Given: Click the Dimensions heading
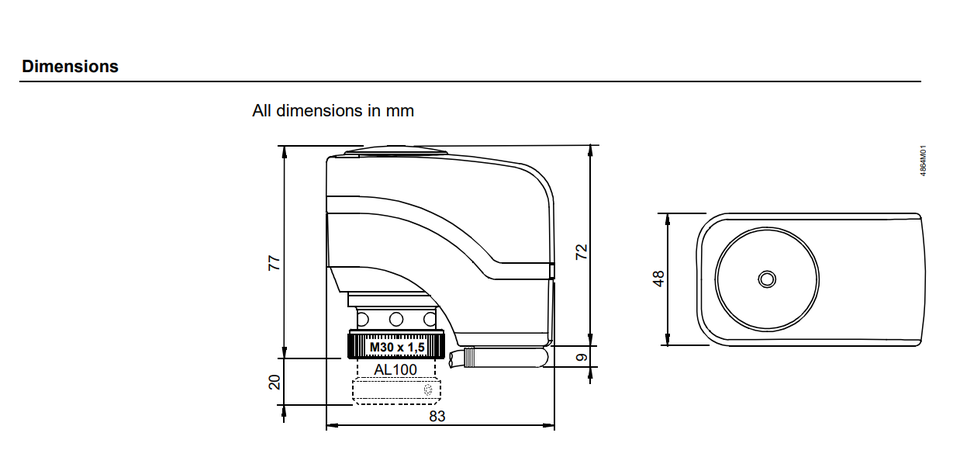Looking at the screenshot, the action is coord(70,66).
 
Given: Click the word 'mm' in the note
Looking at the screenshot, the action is coord(400,111).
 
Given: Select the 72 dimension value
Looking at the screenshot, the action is coord(581,252).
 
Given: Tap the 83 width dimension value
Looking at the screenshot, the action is coord(437,416).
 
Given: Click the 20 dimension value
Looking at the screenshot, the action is coord(275,381).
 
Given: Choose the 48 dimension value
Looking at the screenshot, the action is coord(658,279).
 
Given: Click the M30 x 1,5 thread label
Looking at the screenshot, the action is coord(396,348).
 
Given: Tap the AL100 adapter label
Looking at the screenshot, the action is coord(396,369).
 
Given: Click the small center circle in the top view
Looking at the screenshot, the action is coord(767,279).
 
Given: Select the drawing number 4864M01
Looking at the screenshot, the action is coord(923,161).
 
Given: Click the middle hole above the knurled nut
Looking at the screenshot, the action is coord(396,319).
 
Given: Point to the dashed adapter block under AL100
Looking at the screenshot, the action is coord(396,391).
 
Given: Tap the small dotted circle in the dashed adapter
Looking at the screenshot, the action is coord(428,389).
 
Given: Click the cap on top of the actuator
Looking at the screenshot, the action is coord(396,151).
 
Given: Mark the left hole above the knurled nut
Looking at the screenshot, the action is coord(363,319).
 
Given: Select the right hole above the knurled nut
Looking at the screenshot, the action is coord(429,319).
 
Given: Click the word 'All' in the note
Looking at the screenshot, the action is coord(261,111).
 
